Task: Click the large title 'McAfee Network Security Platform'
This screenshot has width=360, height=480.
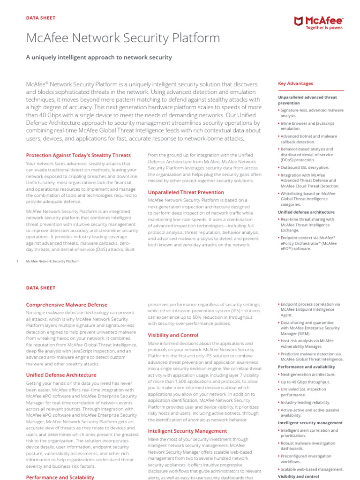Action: (x=123, y=38)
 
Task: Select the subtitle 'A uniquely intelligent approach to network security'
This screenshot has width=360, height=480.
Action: (x=99, y=58)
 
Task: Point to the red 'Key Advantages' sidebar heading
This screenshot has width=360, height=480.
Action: (x=295, y=83)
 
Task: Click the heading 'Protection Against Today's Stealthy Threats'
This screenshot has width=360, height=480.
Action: (x=78, y=155)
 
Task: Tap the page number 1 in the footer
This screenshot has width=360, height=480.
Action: (x=17, y=261)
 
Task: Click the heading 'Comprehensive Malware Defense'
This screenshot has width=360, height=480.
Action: (x=67, y=305)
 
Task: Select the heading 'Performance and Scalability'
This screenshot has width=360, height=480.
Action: (x=60, y=477)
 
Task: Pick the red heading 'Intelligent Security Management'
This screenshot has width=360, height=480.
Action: (x=181, y=431)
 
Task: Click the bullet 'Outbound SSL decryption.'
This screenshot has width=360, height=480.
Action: (x=305, y=167)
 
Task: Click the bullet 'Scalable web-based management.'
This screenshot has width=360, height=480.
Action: (x=312, y=469)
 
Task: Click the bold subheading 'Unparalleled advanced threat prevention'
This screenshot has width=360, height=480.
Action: (x=307, y=100)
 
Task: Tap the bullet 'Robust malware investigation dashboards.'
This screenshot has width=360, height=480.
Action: (x=308, y=446)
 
